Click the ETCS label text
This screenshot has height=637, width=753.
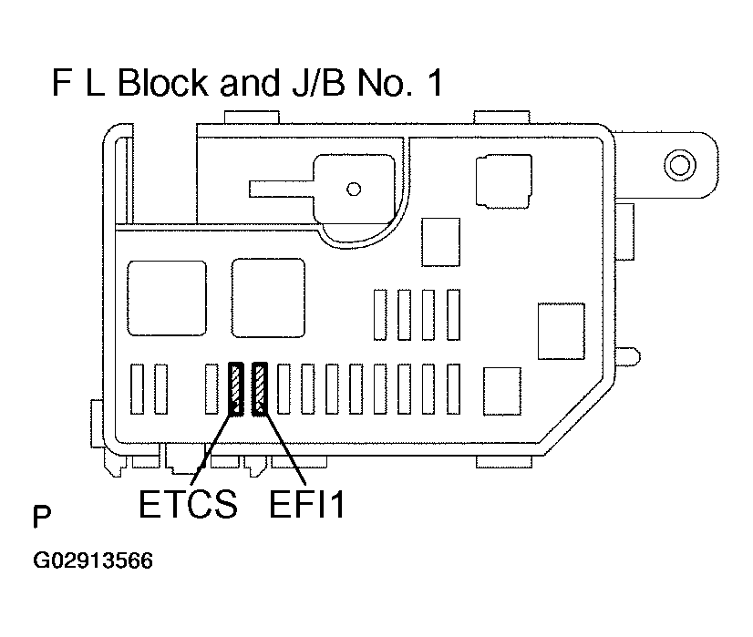(x=188, y=505)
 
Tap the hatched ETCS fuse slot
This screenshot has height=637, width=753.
(x=236, y=389)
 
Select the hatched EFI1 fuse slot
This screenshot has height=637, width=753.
(x=260, y=389)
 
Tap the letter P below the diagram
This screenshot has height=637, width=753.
(x=42, y=519)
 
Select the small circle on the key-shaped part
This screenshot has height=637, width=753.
(x=354, y=189)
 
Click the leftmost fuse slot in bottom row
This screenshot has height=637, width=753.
(x=139, y=389)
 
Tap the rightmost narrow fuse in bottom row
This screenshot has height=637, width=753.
(x=452, y=389)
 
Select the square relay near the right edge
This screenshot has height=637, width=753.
(x=561, y=330)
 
